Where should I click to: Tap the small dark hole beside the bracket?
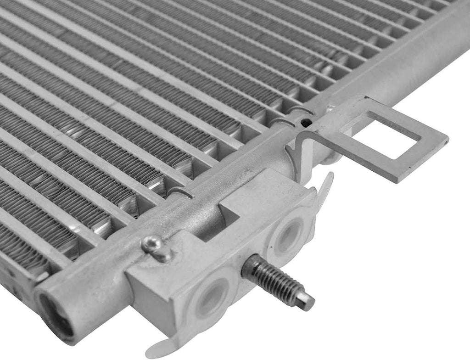point(303,123)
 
